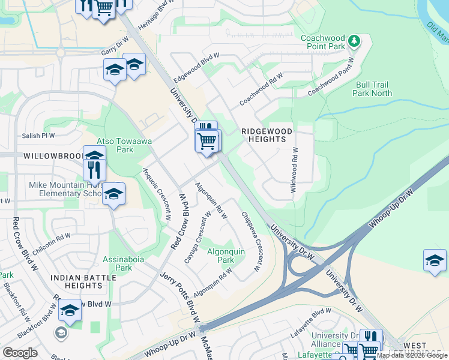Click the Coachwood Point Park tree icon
(355, 41)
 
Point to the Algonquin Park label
(225, 256)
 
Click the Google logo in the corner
(20, 352)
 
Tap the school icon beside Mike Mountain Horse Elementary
(113, 194)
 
